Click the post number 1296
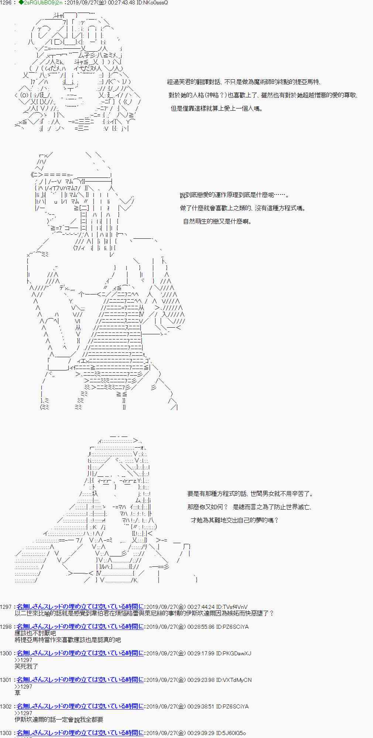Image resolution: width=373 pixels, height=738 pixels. [6, 3]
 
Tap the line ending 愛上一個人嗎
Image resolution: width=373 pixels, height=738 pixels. [217, 108]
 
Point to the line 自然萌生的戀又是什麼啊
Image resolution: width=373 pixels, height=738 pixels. [217, 221]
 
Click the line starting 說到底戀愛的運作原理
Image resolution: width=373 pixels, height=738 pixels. [235, 195]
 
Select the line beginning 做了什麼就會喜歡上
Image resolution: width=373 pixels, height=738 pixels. [243, 208]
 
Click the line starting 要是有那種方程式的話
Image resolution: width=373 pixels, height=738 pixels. [250, 494]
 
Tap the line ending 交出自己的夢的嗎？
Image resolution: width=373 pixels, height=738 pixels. [235, 520]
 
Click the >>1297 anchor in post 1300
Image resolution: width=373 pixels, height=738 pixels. [23, 660]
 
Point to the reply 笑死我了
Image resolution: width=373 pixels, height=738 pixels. [26, 666]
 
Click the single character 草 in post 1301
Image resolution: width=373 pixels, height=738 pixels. [17, 693]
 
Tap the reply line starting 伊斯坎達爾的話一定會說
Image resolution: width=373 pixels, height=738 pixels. [59, 720]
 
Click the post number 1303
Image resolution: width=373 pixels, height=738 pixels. [6, 733]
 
